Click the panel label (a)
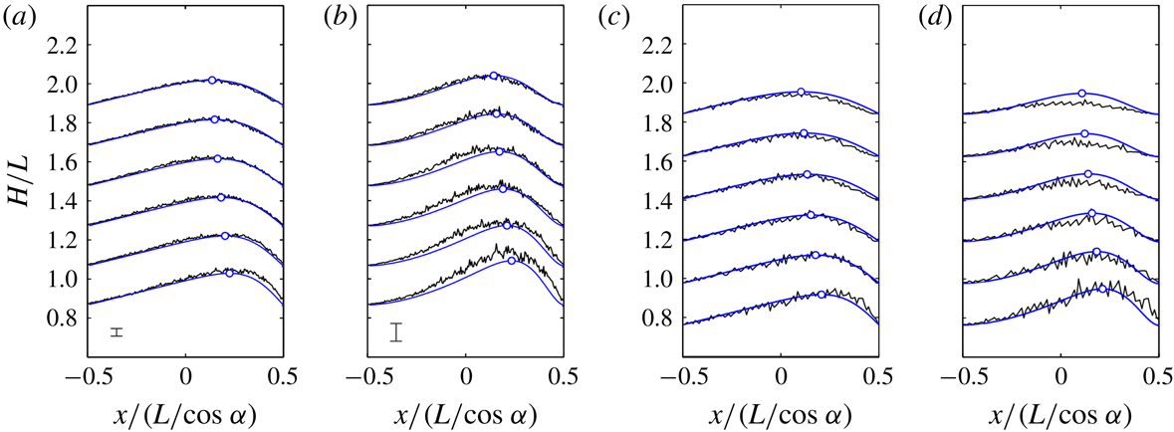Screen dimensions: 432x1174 [x=21, y=15]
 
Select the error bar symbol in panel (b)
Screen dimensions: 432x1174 [x=396, y=332]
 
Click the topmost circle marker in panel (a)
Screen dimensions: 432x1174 [x=211, y=80]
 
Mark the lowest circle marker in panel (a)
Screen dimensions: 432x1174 [x=230, y=273]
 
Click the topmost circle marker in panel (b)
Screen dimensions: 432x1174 [x=493, y=76]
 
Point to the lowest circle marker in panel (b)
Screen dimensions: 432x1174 [x=511, y=261]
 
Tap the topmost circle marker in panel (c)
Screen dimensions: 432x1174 [x=801, y=92]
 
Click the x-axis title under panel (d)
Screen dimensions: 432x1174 [x=1060, y=412]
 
